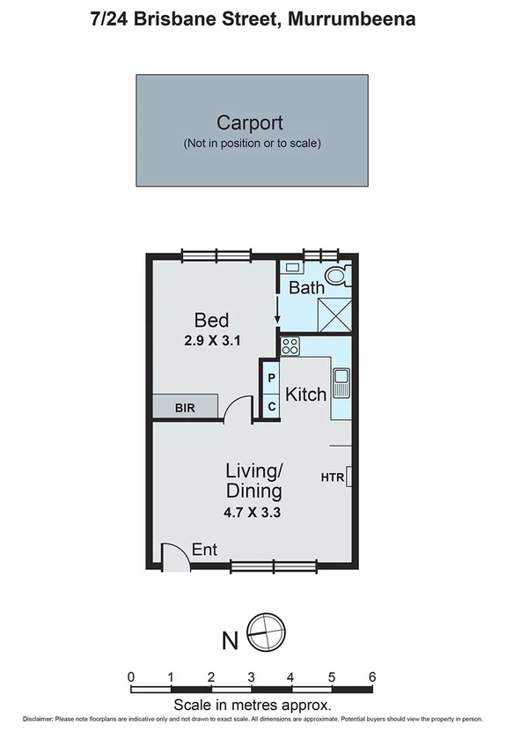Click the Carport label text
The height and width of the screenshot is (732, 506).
pos(251,123)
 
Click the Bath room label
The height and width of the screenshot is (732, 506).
pos(306,287)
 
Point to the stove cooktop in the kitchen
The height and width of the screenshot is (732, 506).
pos(290,347)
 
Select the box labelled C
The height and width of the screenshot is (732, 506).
pos(272,405)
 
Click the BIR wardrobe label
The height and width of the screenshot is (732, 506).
pos(184,407)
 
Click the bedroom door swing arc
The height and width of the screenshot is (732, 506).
pos(235,407)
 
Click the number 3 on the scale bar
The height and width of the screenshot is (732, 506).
pos(252,677)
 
